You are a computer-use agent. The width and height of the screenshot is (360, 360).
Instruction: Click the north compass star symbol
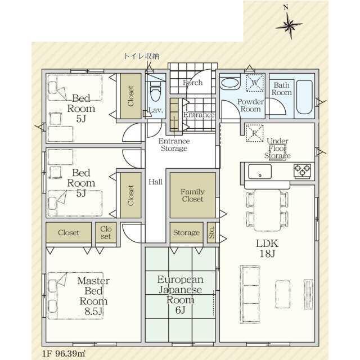click(289, 25)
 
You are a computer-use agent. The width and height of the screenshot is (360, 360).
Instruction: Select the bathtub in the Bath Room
click(304, 97)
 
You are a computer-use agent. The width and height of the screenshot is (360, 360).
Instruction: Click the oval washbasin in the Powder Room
click(230, 83)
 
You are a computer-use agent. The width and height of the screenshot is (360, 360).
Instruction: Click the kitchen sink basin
click(260, 172)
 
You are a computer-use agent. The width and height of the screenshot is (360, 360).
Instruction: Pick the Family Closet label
click(192, 195)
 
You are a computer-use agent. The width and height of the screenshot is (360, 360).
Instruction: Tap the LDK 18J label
click(267, 249)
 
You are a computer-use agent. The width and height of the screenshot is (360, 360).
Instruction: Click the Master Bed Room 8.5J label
click(93, 296)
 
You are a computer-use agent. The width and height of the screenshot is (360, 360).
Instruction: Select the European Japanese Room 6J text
click(181, 295)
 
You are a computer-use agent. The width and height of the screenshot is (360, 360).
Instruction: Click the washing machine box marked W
click(255, 83)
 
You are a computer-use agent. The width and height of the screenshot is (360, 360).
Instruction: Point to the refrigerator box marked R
click(254, 133)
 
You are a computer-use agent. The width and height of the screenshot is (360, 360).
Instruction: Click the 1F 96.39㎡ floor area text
click(64, 353)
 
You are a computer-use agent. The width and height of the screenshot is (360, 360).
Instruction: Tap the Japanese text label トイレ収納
click(141, 56)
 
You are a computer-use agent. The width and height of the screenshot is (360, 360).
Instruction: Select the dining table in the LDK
click(267, 210)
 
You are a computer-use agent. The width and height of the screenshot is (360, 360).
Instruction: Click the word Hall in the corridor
click(155, 182)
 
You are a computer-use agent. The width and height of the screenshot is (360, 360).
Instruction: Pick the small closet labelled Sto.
click(211, 232)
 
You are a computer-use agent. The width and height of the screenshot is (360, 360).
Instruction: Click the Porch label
click(192, 83)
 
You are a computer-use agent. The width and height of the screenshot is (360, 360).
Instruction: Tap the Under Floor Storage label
click(277, 148)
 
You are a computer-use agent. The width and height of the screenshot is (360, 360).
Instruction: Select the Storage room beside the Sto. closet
click(186, 232)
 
